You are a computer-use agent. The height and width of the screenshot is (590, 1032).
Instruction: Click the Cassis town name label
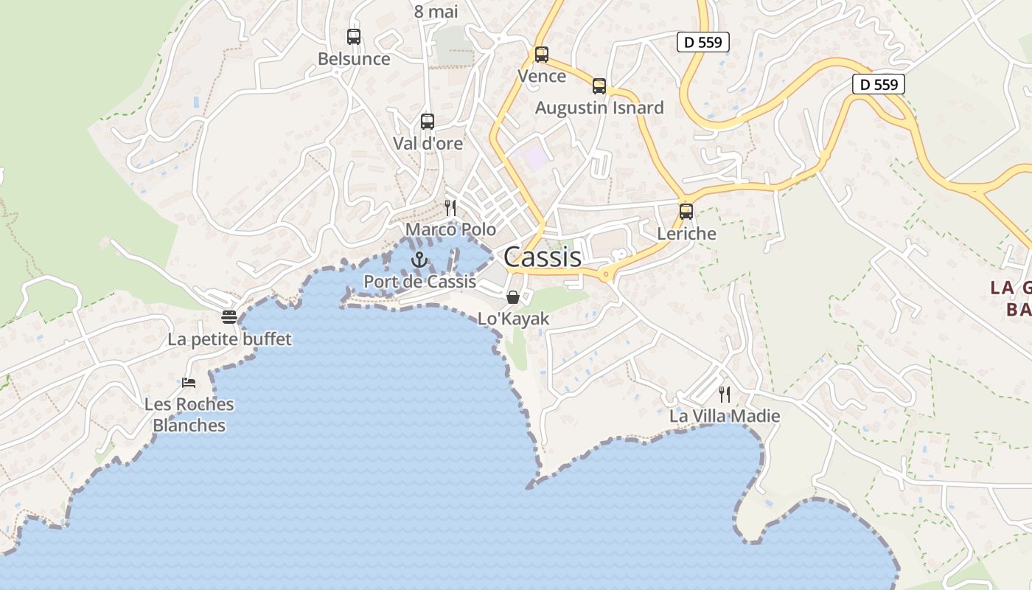click(543, 257)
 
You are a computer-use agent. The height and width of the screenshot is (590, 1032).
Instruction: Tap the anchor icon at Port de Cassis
click(419, 260)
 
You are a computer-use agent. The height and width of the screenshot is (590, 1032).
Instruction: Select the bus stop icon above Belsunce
click(354, 36)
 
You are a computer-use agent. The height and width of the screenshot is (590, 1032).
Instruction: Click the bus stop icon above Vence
click(542, 54)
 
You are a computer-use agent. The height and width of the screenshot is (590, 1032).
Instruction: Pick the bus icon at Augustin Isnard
click(599, 86)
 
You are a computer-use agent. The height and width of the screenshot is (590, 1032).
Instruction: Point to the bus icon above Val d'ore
click(428, 121)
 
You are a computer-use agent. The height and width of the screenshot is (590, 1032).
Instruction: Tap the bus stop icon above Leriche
click(686, 212)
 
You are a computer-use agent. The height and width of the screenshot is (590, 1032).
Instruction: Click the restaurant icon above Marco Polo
click(450, 207)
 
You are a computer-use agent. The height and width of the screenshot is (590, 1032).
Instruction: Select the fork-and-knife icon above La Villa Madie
click(725, 394)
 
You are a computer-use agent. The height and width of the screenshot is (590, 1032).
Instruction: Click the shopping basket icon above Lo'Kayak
click(513, 297)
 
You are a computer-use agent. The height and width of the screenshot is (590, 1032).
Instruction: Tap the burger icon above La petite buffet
click(229, 317)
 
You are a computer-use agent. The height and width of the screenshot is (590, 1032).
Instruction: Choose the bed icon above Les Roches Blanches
click(189, 382)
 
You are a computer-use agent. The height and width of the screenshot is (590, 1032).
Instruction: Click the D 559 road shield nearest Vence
click(703, 42)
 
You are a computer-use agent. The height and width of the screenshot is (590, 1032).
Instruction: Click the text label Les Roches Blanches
click(189, 414)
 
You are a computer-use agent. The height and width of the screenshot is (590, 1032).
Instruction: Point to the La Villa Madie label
click(725, 416)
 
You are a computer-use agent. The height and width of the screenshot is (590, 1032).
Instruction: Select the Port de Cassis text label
click(419, 281)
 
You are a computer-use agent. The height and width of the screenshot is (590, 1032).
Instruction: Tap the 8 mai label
click(436, 11)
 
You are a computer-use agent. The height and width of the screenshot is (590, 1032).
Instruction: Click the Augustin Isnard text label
click(599, 108)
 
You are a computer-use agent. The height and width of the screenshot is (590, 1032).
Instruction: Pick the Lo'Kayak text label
click(514, 319)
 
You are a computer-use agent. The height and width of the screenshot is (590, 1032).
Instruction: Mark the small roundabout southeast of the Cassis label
click(606, 275)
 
